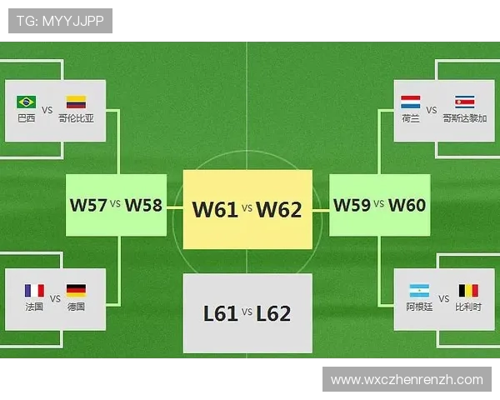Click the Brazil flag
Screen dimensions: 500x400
click(26, 102)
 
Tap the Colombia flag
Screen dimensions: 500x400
click(76, 102)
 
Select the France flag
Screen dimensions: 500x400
click(34, 291)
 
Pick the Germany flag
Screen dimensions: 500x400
click(76, 291)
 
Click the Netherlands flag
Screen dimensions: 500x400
click(410, 102)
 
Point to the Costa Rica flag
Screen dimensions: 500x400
click(465, 102)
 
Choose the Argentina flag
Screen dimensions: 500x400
click(419, 291)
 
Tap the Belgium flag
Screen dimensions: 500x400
click(468, 291)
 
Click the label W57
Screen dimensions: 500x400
click(88, 205)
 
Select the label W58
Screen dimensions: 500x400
click(143, 205)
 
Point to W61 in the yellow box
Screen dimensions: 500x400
click(215, 209)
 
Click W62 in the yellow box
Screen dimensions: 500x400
click(278, 209)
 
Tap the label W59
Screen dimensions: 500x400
click(352, 205)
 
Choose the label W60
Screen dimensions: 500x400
click(407, 205)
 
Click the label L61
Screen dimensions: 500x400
click(220, 313)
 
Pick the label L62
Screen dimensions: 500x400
click(273, 313)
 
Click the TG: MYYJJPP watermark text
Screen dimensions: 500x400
click(60, 21)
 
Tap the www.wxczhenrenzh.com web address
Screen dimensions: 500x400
click(407, 380)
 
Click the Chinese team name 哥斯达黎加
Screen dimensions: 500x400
click(465, 118)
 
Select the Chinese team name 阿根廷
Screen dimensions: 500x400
click(419, 307)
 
